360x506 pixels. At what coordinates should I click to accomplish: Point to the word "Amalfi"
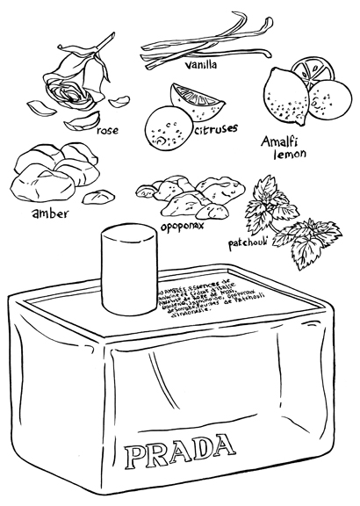click(x=282, y=141)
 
